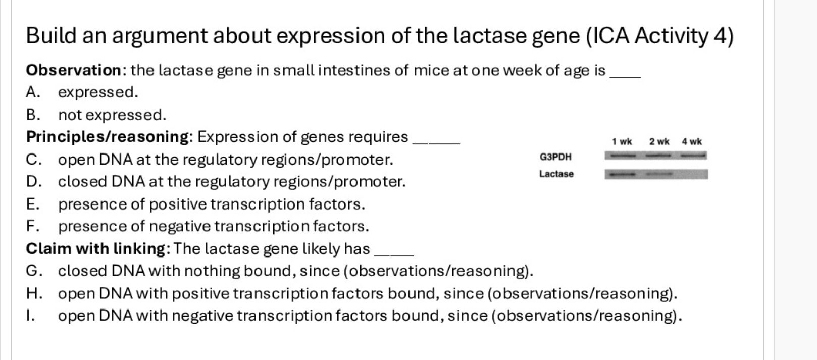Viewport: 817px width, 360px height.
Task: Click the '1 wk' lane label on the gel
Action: [x=622, y=142]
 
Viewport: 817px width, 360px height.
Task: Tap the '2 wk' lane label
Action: [x=659, y=142]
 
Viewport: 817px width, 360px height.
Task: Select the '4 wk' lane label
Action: [x=692, y=142]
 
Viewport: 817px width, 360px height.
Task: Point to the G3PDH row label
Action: [x=555, y=157]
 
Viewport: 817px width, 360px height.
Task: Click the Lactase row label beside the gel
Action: [x=556, y=174]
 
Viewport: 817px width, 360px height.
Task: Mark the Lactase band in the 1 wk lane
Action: [x=621, y=175]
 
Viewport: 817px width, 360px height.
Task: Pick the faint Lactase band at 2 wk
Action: [x=659, y=175]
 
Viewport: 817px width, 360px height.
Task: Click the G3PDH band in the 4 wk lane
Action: [x=692, y=156]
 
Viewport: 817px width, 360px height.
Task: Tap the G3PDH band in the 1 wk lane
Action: [x=621, y=156]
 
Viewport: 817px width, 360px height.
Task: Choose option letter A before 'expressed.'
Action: [x=32, y=93]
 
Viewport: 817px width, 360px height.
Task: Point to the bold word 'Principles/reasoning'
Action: [x=107, y=137]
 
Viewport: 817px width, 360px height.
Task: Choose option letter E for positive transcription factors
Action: [x=32, y=204]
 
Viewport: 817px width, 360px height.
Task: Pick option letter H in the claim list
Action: [x=33, y=293]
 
